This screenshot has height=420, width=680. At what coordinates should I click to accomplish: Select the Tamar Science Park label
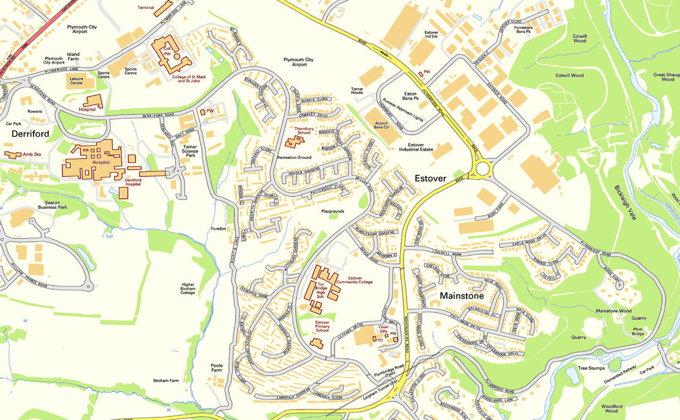(191, 151)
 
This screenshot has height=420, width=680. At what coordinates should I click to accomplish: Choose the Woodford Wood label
(611, 409)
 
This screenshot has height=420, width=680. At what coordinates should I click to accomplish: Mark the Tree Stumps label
(591, 368)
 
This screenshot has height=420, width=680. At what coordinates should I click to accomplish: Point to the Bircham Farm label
(166, 380)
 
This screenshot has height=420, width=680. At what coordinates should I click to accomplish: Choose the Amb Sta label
(31, 154)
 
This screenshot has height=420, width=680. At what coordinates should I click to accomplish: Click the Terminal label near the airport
(146, 8)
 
